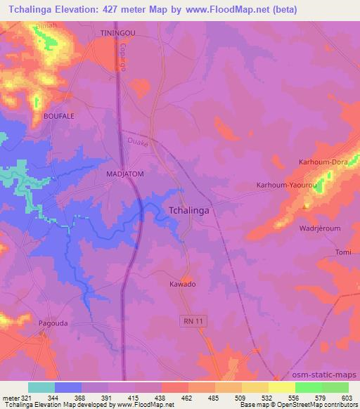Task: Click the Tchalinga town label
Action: coord(191,209)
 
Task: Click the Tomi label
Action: coord(343,252)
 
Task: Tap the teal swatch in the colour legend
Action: coord(41,387)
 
